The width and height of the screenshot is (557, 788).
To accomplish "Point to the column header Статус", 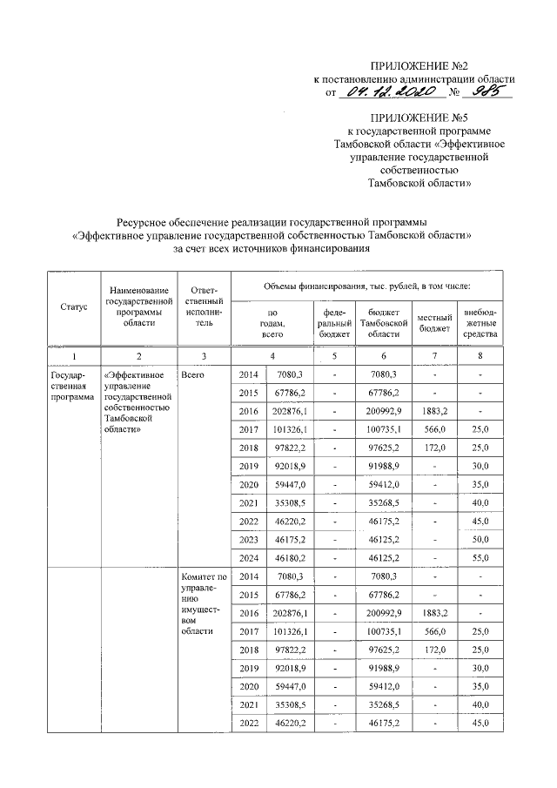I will (73, 307).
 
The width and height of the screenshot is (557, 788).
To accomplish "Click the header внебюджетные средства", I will (480, 322).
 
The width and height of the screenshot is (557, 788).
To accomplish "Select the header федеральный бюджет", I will (335, 322).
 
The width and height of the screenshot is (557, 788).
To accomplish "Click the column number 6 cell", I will (384, 355).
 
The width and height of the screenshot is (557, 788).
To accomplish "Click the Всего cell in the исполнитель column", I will (191, 374).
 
